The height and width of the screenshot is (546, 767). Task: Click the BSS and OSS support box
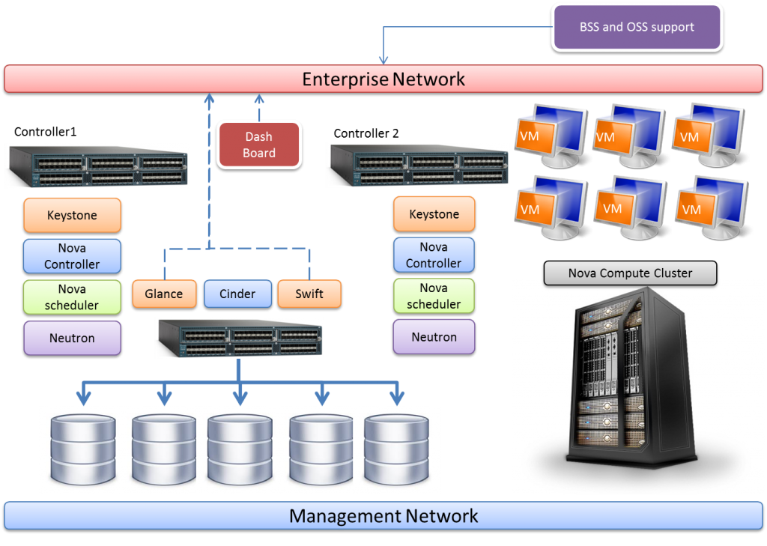pos(637,27)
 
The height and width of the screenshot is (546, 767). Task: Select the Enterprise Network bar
pos(383,79)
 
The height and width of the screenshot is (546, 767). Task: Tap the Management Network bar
pos(383,516)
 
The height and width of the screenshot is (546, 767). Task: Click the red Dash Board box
pos(258,145)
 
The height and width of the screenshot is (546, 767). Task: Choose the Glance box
pos(164,294)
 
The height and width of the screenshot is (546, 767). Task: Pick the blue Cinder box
pos(237,294)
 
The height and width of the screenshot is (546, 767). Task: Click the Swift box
pos(309,294)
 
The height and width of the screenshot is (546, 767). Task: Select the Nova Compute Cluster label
pos(630,273)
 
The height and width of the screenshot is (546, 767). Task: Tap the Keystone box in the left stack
pos(72,215)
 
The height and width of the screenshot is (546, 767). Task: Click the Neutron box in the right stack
pos(434,337)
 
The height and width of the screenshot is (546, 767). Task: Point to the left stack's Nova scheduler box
pos(72,297)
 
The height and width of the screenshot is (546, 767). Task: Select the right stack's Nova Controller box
pos(434,255)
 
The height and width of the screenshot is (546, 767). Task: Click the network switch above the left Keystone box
pos(96,167)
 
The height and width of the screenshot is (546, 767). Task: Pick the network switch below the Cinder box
pos(238,337)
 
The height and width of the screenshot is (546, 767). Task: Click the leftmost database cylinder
pos(83,449)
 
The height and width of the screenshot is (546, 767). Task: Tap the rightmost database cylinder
pos(396,449)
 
